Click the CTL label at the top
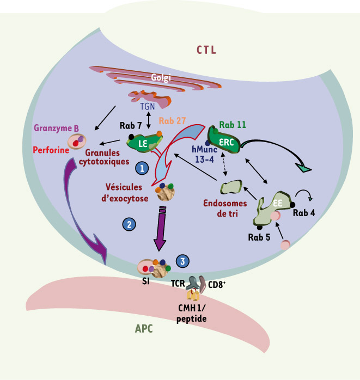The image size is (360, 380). coord(206,50)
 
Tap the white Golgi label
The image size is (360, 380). coord(161,77)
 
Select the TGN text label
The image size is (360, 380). coord(148,106)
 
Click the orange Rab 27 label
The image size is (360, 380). coord(172,121)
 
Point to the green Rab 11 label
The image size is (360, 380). coord(233,125)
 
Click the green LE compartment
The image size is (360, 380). coord(144,143)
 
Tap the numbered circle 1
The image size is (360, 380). coord(142,168)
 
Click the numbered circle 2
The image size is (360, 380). coord(129,224)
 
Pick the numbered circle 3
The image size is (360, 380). coord(182,261)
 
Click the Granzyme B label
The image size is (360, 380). coord(56,128)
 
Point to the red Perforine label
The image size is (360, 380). coord(51,150)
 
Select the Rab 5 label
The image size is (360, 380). coord(259,237)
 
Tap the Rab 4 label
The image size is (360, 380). coord(304,213)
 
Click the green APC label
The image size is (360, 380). coord(144,329)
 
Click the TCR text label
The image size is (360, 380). coord(178,283)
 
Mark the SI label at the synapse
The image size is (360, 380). coord(146,281)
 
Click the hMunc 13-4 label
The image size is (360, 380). coord(204,154)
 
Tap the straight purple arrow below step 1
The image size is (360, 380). coord(161,228)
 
